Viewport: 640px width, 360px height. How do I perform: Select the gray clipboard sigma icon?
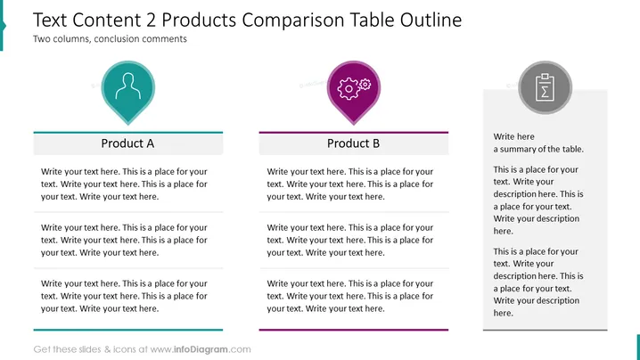click(x=545, y=87)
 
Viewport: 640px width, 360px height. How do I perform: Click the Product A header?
click(x=127, y=143)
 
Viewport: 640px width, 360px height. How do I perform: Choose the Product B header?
click(x=354, y=143)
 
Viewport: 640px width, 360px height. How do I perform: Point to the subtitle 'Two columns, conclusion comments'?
click(x=110, y=39)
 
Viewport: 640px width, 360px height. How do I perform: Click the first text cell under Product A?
click(x=124, y=184)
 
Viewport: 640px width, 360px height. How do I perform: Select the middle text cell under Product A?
click(x=124, y=240)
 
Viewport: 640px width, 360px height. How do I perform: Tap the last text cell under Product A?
click(x=124, y=296)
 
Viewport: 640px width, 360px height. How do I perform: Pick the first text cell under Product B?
click(x=350, y=184)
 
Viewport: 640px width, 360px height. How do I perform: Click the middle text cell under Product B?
click(x=350, y=240)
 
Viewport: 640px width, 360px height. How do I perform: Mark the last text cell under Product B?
click(x=350, y=296)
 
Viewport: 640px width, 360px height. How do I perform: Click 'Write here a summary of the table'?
click(x=538, y=143)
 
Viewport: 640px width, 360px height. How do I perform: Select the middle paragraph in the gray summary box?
click(x=538, y=200)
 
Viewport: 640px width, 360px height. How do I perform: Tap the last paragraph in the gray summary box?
click(x=538, y=282)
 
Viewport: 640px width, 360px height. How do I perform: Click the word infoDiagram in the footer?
click(x=201, y=349)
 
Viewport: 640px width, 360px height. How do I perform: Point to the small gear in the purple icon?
click(x=365, y=85)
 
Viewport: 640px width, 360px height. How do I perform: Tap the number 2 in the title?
click(x=151, y=20)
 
